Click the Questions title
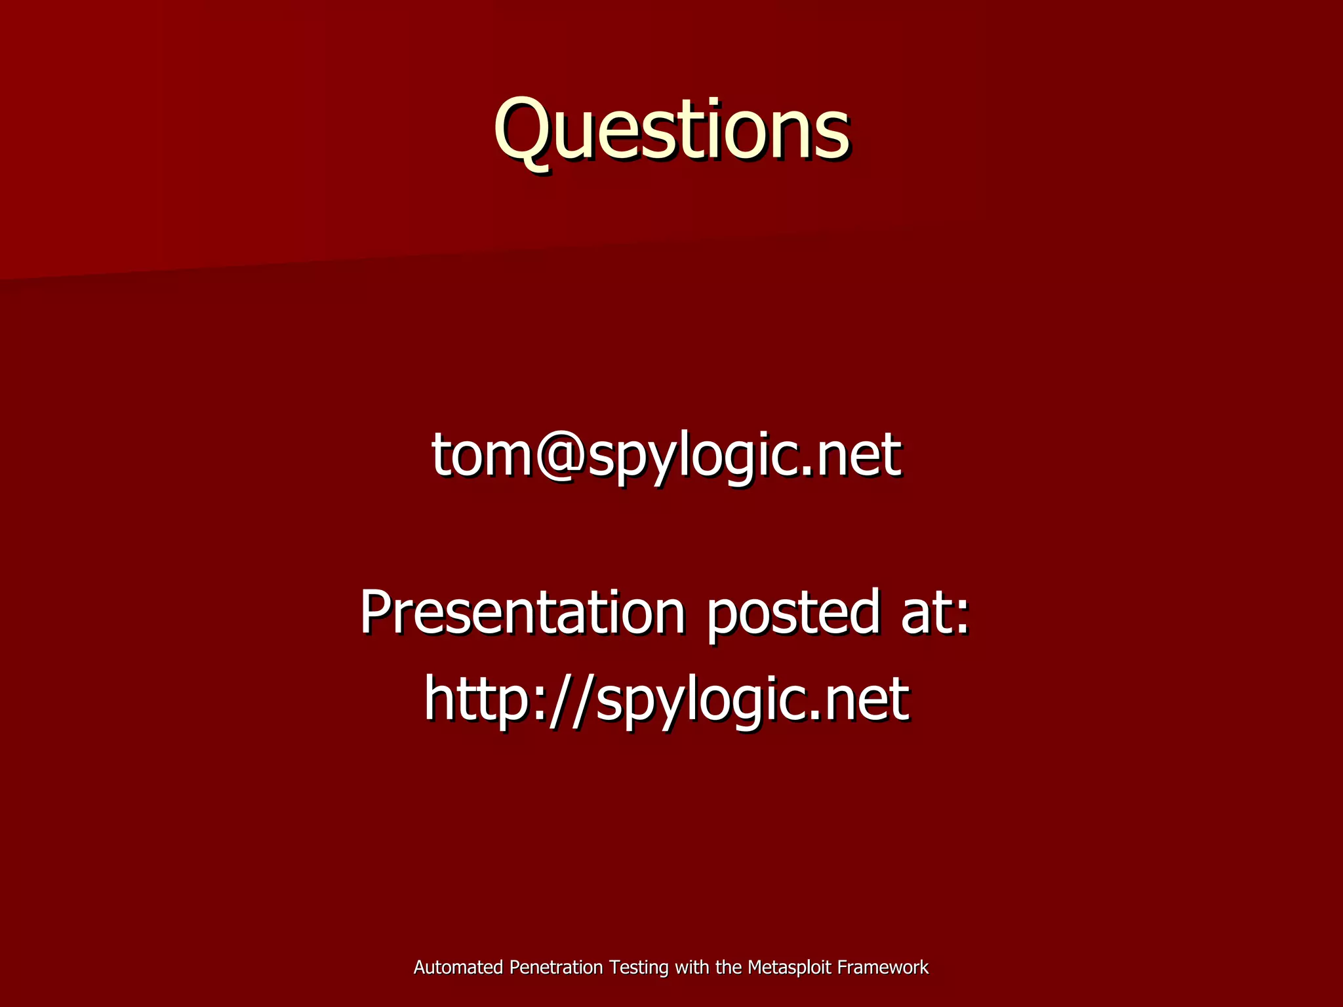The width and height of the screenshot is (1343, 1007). [x=671, y=129]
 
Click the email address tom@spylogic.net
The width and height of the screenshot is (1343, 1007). [x=666, y=455]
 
